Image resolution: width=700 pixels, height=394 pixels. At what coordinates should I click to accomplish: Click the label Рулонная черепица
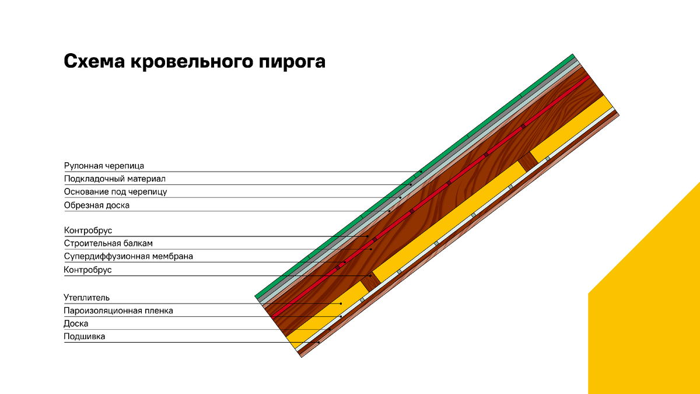(x=104, y=166)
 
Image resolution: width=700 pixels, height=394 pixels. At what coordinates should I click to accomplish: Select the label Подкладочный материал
(x=115, y=179)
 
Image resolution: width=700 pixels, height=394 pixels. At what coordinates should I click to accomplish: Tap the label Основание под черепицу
(x=116, y=191)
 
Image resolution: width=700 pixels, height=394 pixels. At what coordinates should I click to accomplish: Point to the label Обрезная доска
(x=97, y=205)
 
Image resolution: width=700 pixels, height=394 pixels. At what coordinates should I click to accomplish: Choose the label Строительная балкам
(x=108, y=243)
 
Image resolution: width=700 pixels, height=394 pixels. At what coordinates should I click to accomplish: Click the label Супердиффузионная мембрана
(x=128, y=256)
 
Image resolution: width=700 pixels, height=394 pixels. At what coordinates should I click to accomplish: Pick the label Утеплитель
(x=86, y=298)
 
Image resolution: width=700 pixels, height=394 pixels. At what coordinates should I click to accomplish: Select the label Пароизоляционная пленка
(x=118, y=311)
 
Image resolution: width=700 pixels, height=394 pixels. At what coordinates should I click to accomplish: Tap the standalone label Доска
(x=76, y=323)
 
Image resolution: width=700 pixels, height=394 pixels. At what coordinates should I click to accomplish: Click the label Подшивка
(x=85, y=336)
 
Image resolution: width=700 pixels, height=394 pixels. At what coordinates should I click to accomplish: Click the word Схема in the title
(x=94, y=61)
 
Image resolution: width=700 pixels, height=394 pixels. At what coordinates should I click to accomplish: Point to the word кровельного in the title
(x=191, y=61)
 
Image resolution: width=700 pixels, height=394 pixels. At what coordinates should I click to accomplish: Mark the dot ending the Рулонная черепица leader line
(x=421, y=172)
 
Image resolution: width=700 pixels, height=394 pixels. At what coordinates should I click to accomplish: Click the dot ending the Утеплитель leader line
(x=341, y=304)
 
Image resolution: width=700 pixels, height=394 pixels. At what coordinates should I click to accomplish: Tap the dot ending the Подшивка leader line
(x=318, y=343)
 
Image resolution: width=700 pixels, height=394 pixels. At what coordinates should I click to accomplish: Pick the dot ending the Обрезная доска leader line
(x=390, y=211)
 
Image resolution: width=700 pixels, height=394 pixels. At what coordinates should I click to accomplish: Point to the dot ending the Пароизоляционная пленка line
(x=341, y=316)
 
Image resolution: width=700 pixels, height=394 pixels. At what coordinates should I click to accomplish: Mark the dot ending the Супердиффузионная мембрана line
(x=345, y=262)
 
